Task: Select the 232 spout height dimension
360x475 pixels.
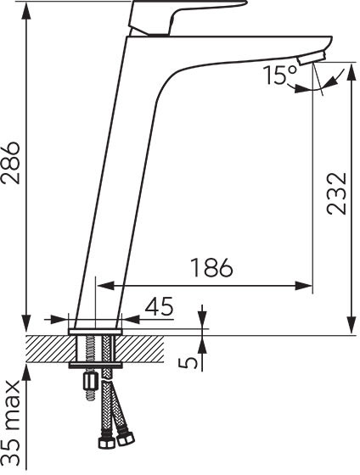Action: pos(336,194)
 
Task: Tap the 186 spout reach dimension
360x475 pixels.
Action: pos(211,268)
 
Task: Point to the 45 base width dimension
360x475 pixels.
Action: pos(160,306)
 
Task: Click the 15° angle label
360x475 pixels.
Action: pos(280,75)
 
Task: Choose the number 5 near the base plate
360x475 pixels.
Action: pos(188,363)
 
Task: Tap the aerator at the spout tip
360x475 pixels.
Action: pos(312,58)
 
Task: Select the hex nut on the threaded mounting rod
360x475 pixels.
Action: pos(91,379)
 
